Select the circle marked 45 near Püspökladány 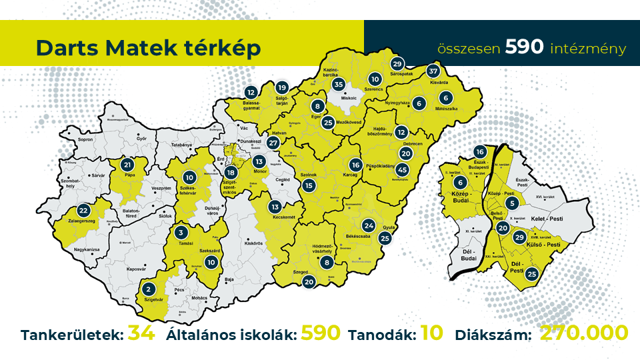403,169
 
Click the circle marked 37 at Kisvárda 433,71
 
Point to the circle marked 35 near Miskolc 339,85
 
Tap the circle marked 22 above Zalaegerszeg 83,209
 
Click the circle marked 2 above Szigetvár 148,289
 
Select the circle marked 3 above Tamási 181,233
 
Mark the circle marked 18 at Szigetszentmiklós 231,191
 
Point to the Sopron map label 86,141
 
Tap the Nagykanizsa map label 88,249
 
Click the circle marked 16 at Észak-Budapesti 479,151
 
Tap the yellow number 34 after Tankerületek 141,333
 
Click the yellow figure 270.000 583,333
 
